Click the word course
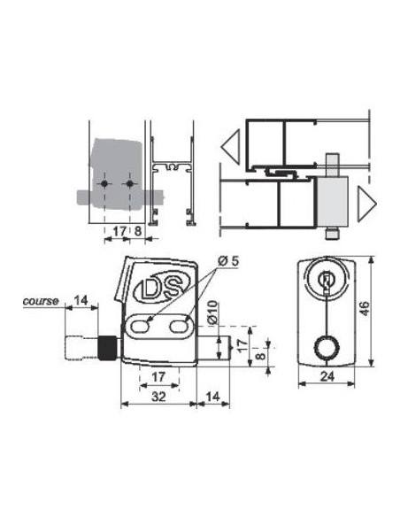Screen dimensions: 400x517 [41, 301]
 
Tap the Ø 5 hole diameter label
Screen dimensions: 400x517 [228, 261]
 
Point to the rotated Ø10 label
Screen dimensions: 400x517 [213, 312]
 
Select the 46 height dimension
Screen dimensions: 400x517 [365, 309]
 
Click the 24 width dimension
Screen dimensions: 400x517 [327, 376]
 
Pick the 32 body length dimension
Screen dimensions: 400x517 [158, 397]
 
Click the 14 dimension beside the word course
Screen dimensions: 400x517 [81, 300]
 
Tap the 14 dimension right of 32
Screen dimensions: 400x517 [213, 397]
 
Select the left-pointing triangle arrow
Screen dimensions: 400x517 [231, 147]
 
